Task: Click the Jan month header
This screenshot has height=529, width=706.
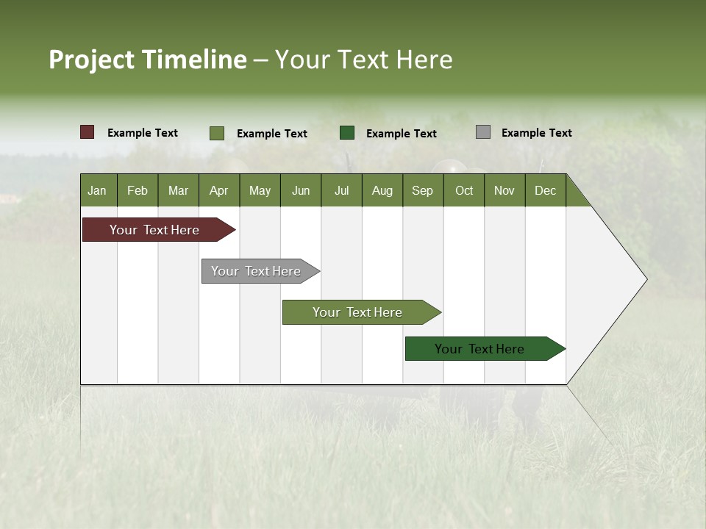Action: [98, 190]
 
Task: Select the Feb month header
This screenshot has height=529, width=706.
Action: [138, 190]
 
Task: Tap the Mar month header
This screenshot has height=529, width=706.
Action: [178, 190]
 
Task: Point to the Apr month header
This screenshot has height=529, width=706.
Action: [219, 190]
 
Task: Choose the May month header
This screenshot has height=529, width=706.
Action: [260, 190]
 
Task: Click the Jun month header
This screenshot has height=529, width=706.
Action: [301, 190]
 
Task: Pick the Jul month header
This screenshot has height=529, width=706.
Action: [341, 190]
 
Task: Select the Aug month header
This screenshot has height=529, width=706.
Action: [382, 190]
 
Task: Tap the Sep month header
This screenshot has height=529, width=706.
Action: [423, 190]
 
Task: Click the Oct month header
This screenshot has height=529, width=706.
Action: [464, 190]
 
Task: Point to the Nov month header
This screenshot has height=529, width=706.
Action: [504, 190]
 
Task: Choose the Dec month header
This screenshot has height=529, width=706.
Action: [546, 190]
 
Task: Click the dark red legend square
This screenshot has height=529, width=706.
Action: [88, 132]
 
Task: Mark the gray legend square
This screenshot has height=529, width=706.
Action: [483, 132]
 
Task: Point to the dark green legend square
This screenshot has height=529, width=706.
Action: [347, 132]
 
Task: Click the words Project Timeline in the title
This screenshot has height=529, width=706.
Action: [148, 60]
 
